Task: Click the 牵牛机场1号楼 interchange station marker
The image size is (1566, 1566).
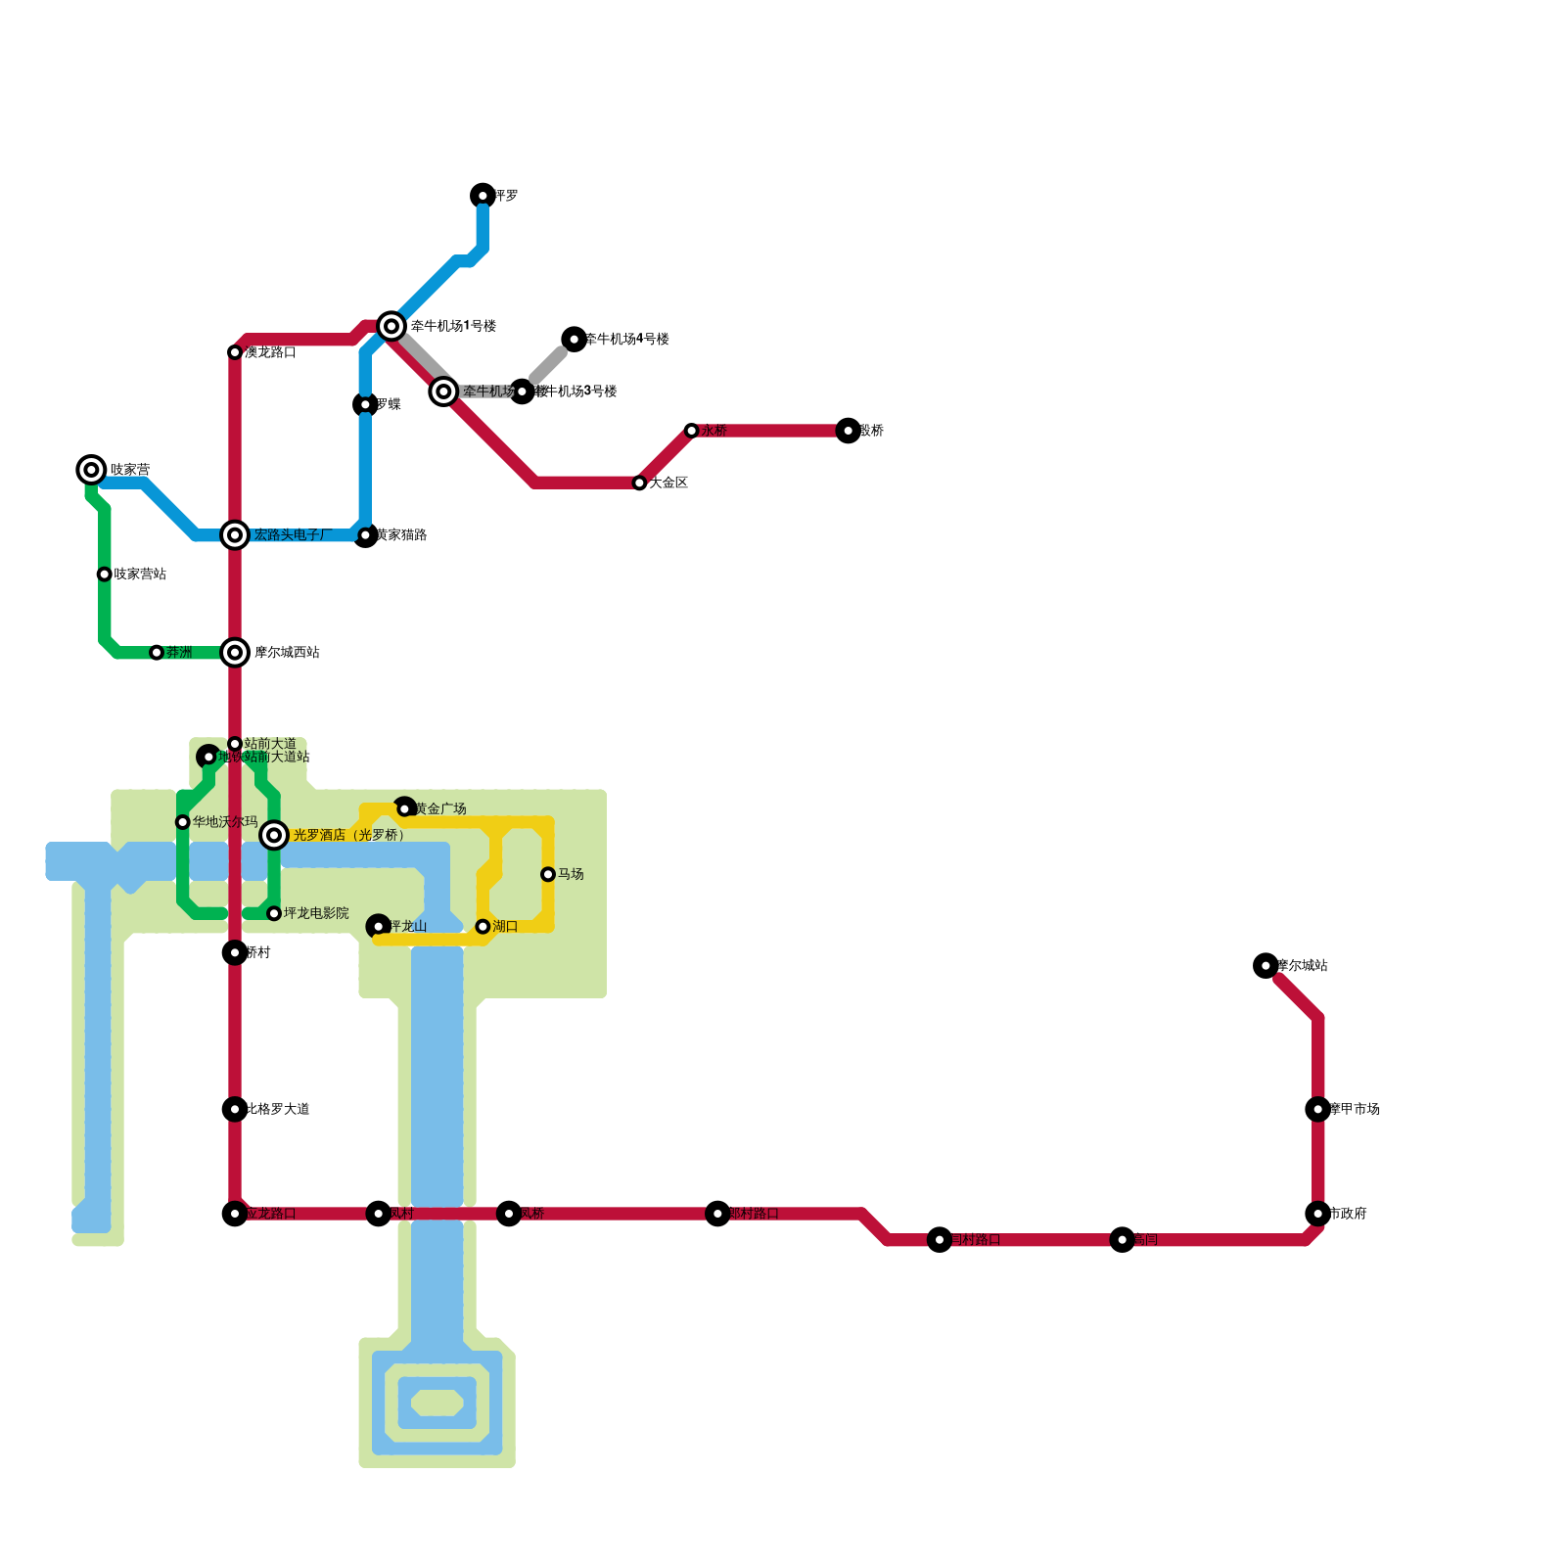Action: pos(391,326)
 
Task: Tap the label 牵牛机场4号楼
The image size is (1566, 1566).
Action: pos(627,340)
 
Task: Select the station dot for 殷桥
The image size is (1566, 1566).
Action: pos(849,431)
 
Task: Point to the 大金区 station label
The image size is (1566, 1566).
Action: pos(668,483)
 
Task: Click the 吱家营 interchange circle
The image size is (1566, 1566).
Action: pos(91,470)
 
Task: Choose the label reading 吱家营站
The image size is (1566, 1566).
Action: pos(140,575)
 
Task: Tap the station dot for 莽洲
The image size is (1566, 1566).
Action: pos(157,653)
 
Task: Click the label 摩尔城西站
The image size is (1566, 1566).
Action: pos(287,653)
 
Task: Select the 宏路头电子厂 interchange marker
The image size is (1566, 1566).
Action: pos(235,535)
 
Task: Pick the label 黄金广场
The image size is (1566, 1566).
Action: pos(440,809)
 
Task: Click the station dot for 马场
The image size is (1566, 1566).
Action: pos(548,874)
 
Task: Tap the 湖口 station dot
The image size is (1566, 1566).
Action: pos(483,927)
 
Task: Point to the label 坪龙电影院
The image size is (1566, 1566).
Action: pos(316,913)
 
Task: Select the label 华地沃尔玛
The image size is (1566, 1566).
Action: pos(225,822)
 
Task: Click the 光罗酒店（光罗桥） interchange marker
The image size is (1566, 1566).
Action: pos(274,835)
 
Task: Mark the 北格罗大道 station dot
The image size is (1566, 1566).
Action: pos(235,1109)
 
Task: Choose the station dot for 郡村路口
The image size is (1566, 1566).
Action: pos(717,1214)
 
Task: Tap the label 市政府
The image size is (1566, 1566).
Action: pos(1348,1214)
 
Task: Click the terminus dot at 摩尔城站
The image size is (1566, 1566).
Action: pos(1266,966)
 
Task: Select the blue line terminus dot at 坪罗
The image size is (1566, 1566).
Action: pos(483,196)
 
